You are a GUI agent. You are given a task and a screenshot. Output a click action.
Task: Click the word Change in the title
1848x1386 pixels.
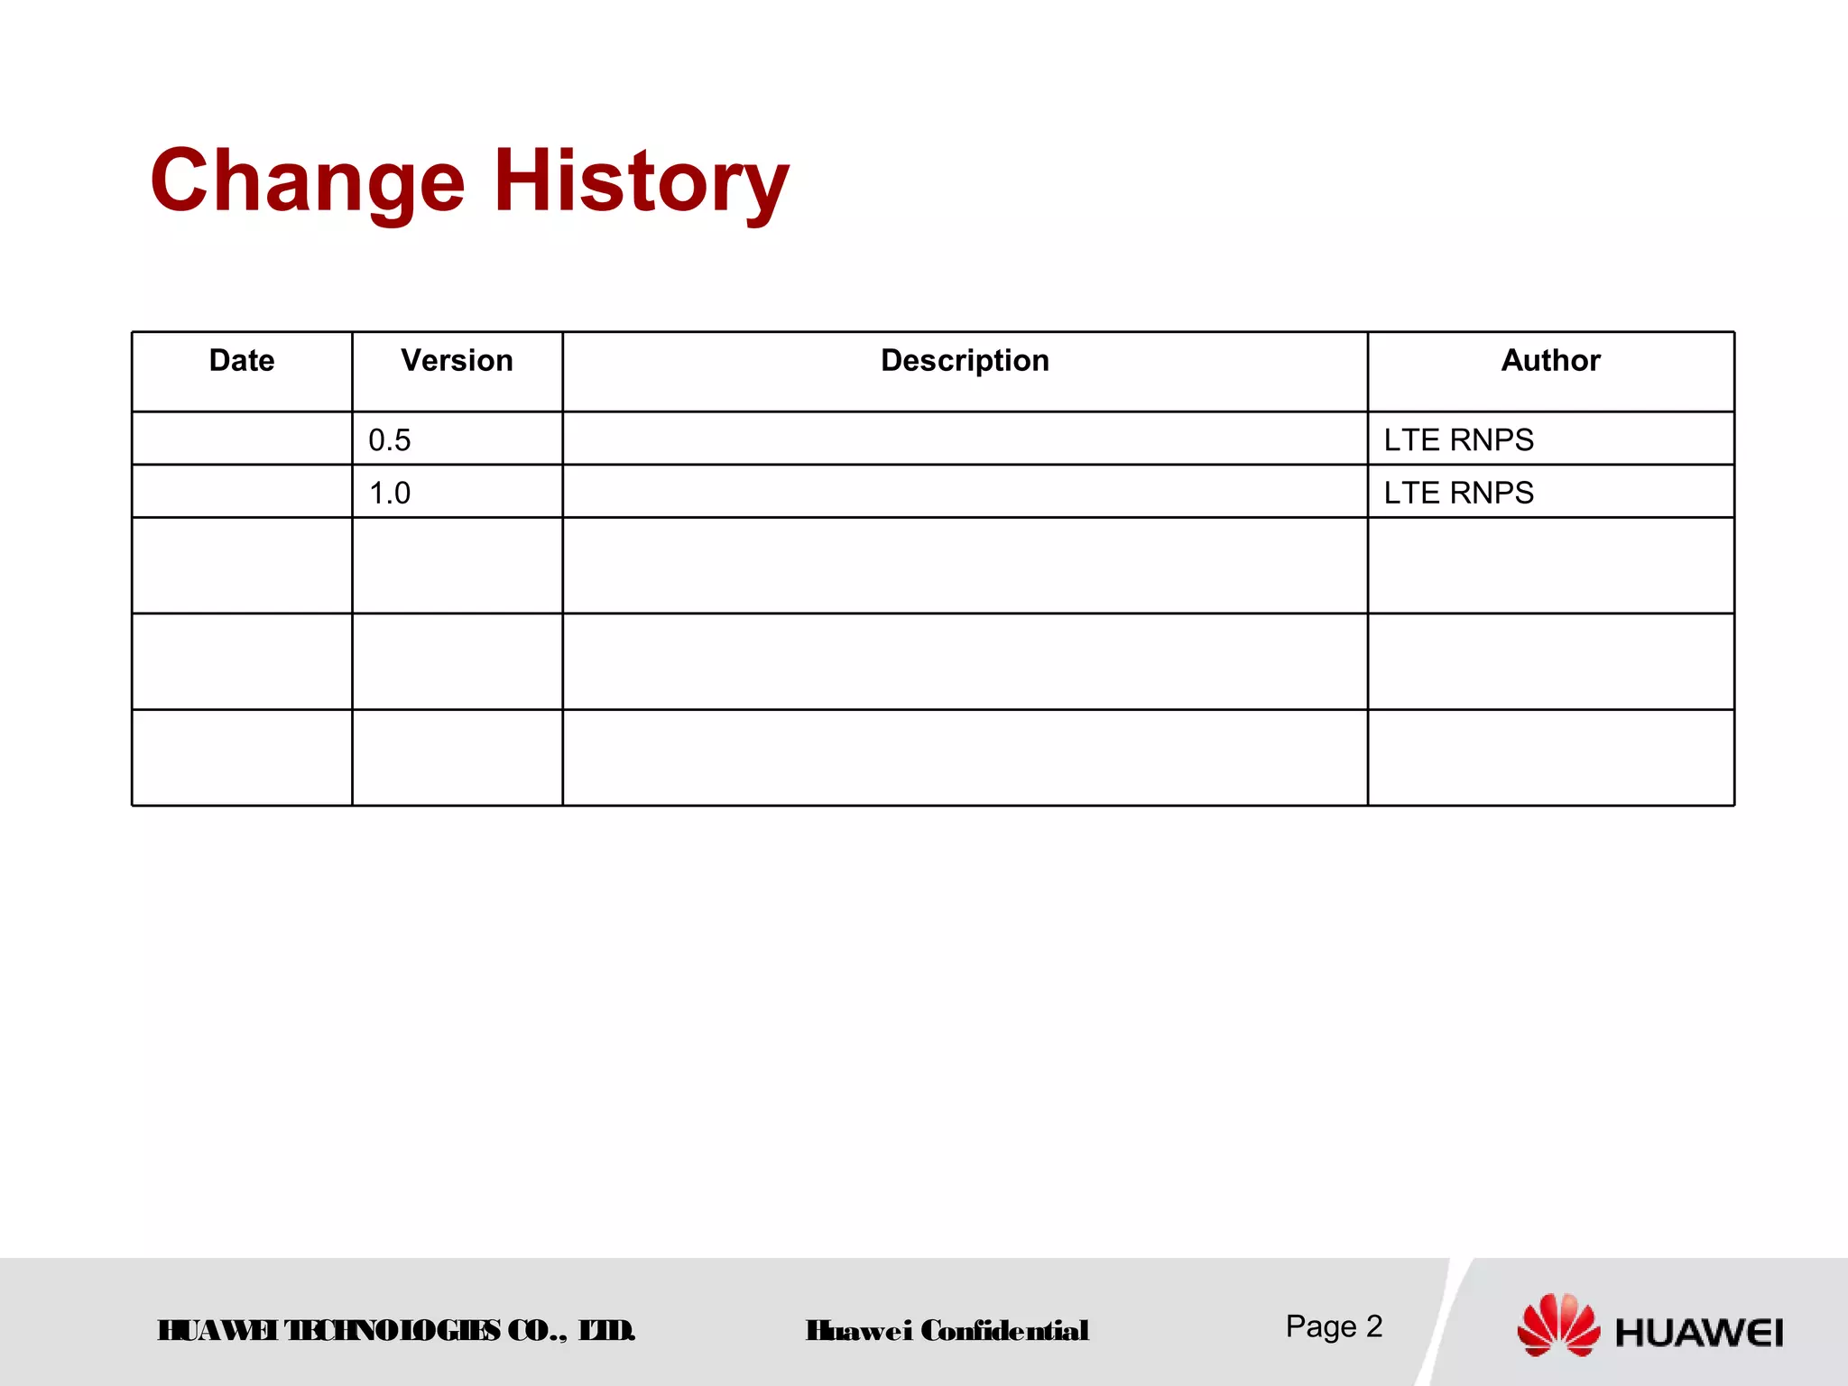(x=308, y=181)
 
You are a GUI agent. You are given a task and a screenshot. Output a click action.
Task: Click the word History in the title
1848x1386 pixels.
(x=642, y=181)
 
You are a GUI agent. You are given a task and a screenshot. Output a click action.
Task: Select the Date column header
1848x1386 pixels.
(x=242, y=361)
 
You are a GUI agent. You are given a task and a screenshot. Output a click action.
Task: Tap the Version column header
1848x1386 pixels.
(x=457, y=361)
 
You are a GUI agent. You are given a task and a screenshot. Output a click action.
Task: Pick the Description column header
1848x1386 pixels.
(x=965, y=361)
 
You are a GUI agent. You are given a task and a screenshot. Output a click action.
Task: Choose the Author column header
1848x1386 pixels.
(x=1550, y=361)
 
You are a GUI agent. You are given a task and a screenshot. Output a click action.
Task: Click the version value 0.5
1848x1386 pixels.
(x=390, y=440)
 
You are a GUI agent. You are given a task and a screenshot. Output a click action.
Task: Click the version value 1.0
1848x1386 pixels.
(x=390, y=494)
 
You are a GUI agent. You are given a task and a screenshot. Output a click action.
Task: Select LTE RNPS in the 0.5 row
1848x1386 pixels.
(x=1458, y=440)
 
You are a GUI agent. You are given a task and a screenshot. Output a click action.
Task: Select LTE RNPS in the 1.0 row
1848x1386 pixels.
(x=1458, y=494)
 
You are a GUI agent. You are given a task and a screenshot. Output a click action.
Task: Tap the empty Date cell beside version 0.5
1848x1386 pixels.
(x=242, y=439)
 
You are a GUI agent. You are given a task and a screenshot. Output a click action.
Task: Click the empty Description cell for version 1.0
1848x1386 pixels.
(x=965, y=492)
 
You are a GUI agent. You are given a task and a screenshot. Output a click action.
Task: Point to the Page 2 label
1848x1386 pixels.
(x=1334, y=1326)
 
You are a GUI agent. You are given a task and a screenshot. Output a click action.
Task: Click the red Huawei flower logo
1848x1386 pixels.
(x=1558, y=1325)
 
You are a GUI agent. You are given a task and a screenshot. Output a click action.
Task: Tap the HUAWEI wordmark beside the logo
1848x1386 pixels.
(x=1699, y=1333)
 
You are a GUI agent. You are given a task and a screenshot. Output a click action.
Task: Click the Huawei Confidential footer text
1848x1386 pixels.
(x=947, y=1331)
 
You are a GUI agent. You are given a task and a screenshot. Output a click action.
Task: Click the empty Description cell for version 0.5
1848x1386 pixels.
(x=965, y=439)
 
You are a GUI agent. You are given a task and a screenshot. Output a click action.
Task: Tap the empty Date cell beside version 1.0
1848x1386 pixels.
(x=242, y=492)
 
